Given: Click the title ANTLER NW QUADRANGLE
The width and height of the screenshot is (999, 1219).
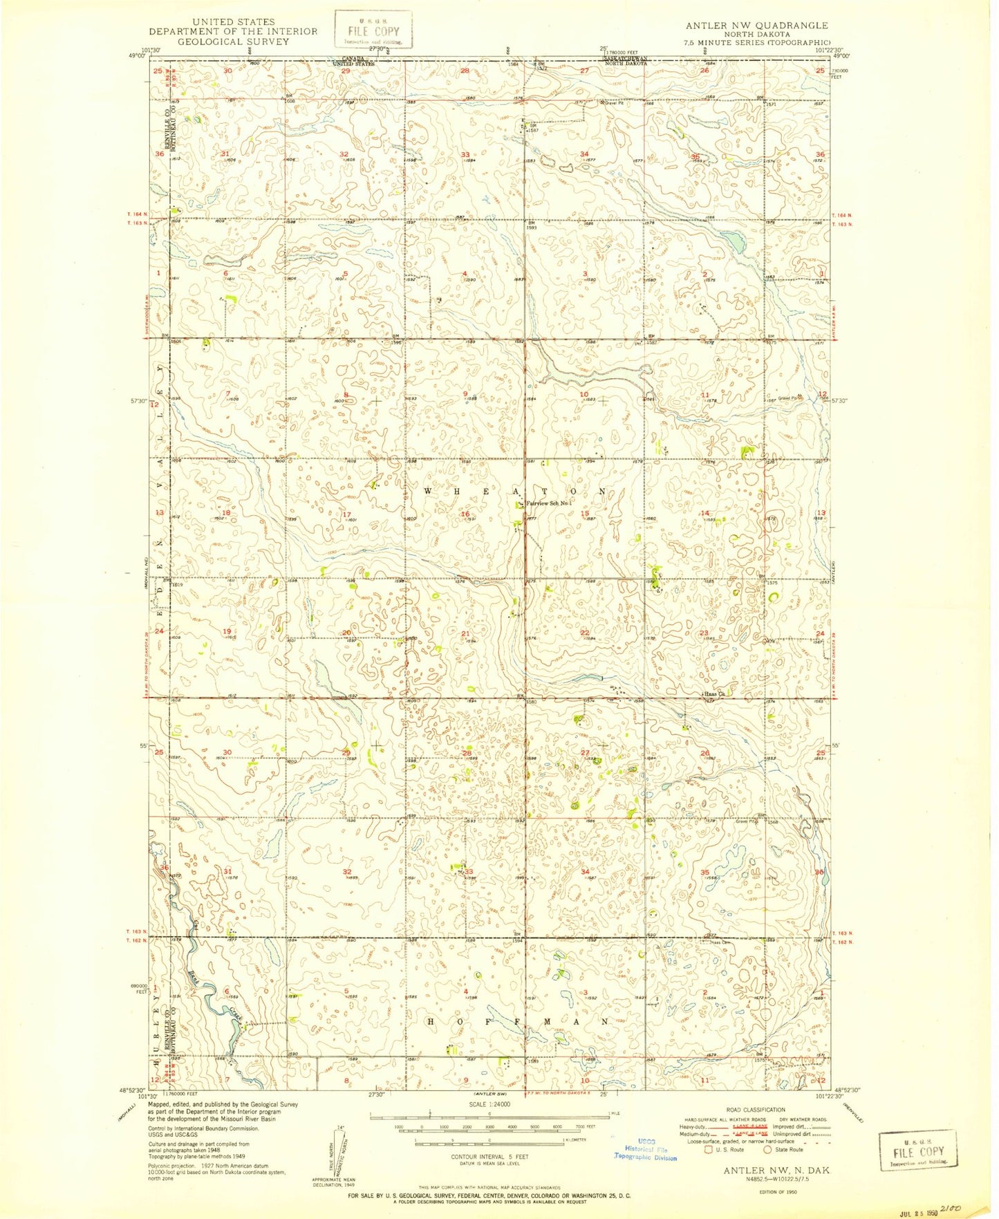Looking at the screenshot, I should click(756, 26).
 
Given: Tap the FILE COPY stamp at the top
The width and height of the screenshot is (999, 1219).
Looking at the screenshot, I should click(373, 30).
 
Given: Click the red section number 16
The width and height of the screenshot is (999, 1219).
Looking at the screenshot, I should click(466, 514).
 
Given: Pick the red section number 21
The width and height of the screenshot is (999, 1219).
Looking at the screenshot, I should click(466, 633).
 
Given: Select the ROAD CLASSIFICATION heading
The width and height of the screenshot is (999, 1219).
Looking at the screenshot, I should click(757, 1110).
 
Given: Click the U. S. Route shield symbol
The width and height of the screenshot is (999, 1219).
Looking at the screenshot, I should click(707, 1150).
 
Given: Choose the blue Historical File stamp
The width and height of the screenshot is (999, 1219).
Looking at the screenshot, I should click(646, 1148).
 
